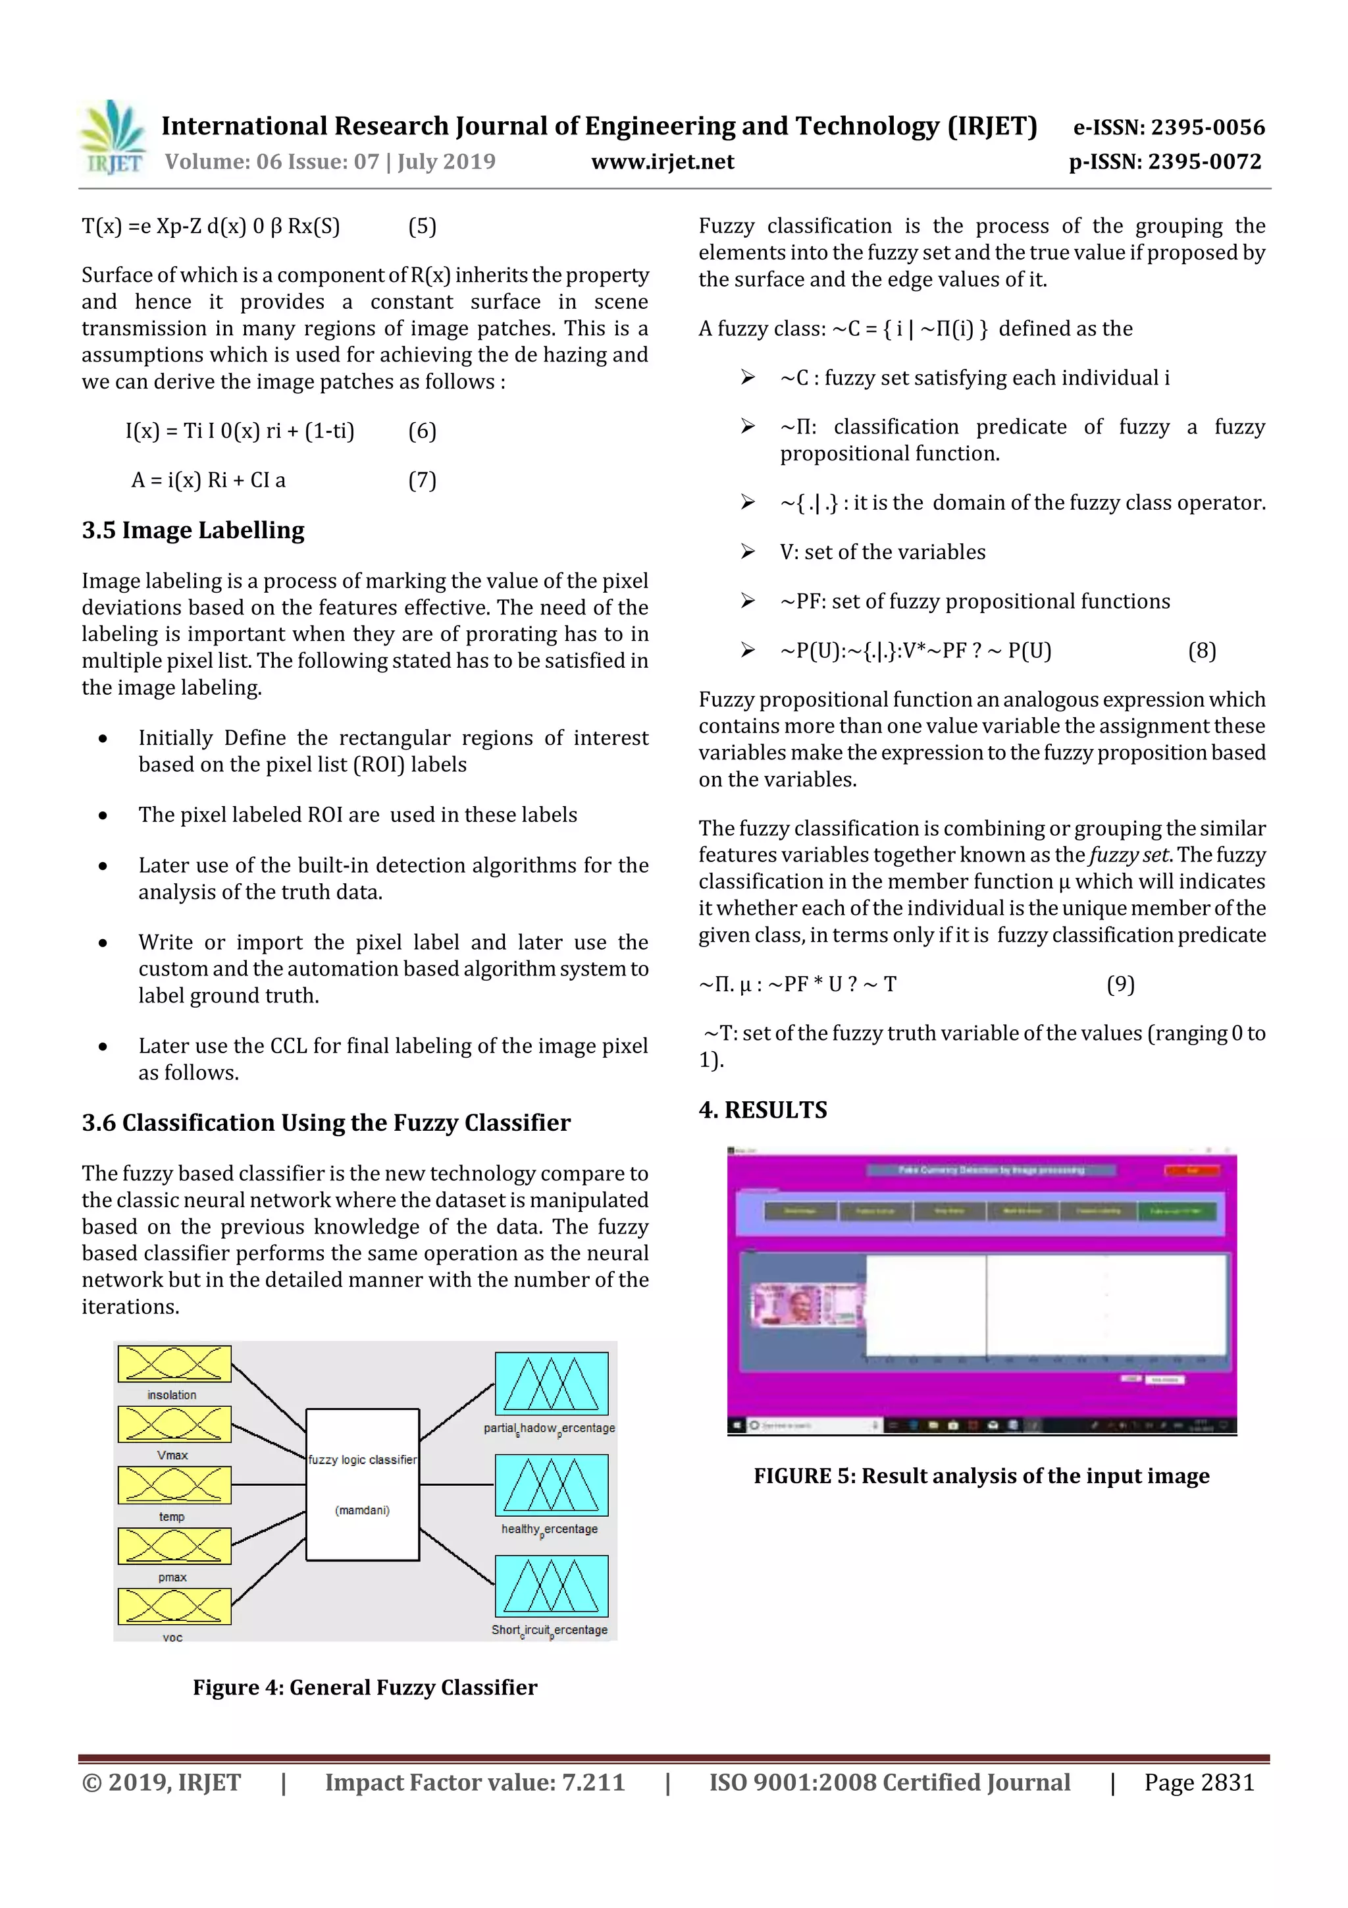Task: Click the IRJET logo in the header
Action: pos(113,138)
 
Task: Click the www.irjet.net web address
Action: pos(662,161)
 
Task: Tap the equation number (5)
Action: pos(422,226)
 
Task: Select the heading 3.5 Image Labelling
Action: pos(193,530)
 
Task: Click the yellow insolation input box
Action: pos(174,1364)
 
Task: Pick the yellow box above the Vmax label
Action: pos(174,1425)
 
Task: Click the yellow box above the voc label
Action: pos(174,1606)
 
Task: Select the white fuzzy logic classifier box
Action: pos(362,1485)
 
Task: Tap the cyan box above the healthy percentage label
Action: pos(552,1485)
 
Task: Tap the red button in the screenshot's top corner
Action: pos(1192,1170)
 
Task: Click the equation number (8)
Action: pos(1202,651)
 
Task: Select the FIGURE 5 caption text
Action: pos(981,1476)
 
